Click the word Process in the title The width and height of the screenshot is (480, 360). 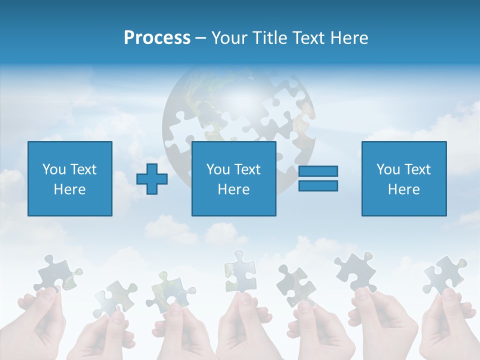pos(157,38)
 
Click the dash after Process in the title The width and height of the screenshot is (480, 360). pos(201,38)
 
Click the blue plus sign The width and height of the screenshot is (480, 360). pos(152,179)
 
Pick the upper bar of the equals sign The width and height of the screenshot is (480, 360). pos(318,171)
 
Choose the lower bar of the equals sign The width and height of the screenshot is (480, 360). pos(318,185)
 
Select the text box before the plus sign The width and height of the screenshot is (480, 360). pos(69,178)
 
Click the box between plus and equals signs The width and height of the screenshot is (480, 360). pos(233,178)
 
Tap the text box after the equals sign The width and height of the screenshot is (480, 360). pos(403,178)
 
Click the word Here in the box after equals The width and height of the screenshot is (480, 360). pos(403,189)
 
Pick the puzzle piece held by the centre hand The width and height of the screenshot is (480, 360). pos(240,270)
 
